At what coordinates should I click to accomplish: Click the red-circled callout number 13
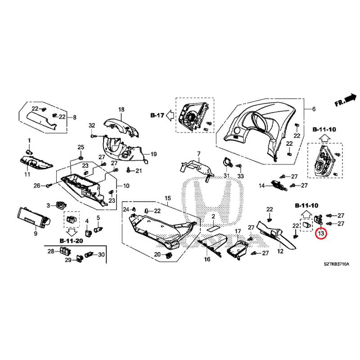pos(321,234)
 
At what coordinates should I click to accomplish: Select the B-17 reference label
pos(157,115)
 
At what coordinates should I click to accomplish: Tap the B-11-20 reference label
pos(71,241)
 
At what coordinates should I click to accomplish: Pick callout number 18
pos(121,109)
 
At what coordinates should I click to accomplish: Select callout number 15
pos(167,198)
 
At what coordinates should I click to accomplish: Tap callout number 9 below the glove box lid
pos(36,234)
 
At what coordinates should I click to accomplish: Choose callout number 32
pos(92,125)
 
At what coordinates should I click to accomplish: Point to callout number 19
pos(153,154)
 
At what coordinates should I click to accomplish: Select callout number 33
pos(240,175)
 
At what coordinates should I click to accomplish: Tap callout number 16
pos(207,260)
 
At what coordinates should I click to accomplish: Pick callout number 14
pos(261,185)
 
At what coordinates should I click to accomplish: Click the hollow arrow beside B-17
pos(170,115)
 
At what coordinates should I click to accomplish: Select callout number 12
pos(280,251)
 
